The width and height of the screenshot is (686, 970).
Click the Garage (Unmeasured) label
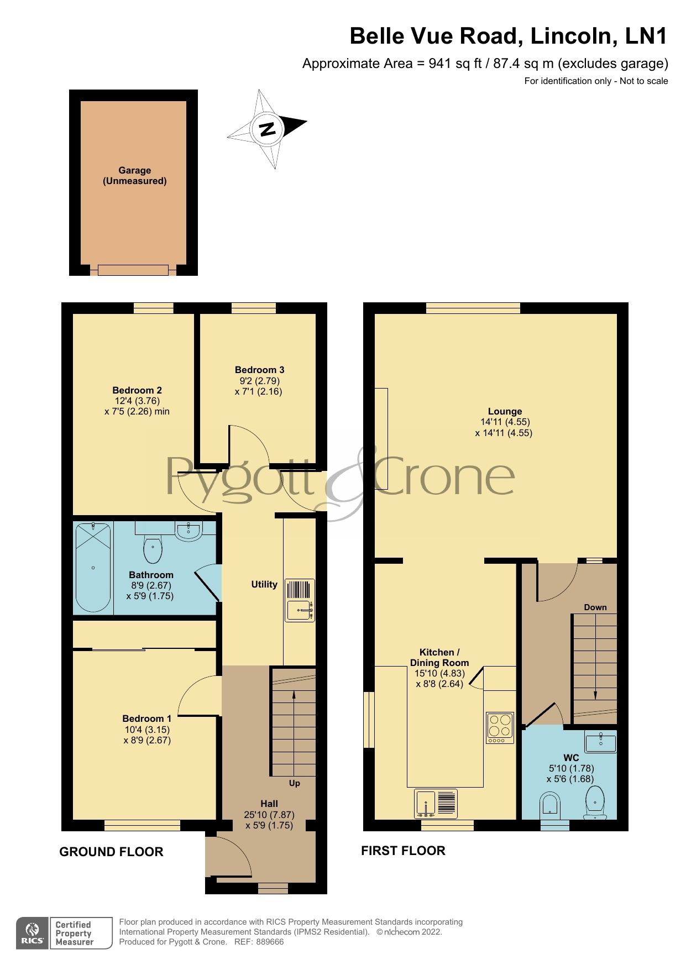point(134,176)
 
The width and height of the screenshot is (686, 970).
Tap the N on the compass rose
point(268,129)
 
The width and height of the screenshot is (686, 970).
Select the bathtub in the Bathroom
point(93,568)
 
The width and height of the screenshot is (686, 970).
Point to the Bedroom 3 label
point(259,370)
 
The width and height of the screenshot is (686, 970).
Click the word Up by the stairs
point(295,783)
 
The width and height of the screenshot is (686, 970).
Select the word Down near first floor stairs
point(595,607)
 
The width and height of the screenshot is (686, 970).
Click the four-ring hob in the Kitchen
point(500,728)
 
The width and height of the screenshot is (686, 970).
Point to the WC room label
point(570,758)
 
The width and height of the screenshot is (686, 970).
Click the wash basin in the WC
point(601,741)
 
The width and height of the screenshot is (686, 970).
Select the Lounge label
point(505,411)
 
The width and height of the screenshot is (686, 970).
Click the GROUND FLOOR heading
point(111,852)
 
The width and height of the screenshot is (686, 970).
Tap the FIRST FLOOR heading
point(403,850)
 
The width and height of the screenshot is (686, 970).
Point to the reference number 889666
point(270,942)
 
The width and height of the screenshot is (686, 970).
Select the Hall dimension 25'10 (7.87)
point(269,815)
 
